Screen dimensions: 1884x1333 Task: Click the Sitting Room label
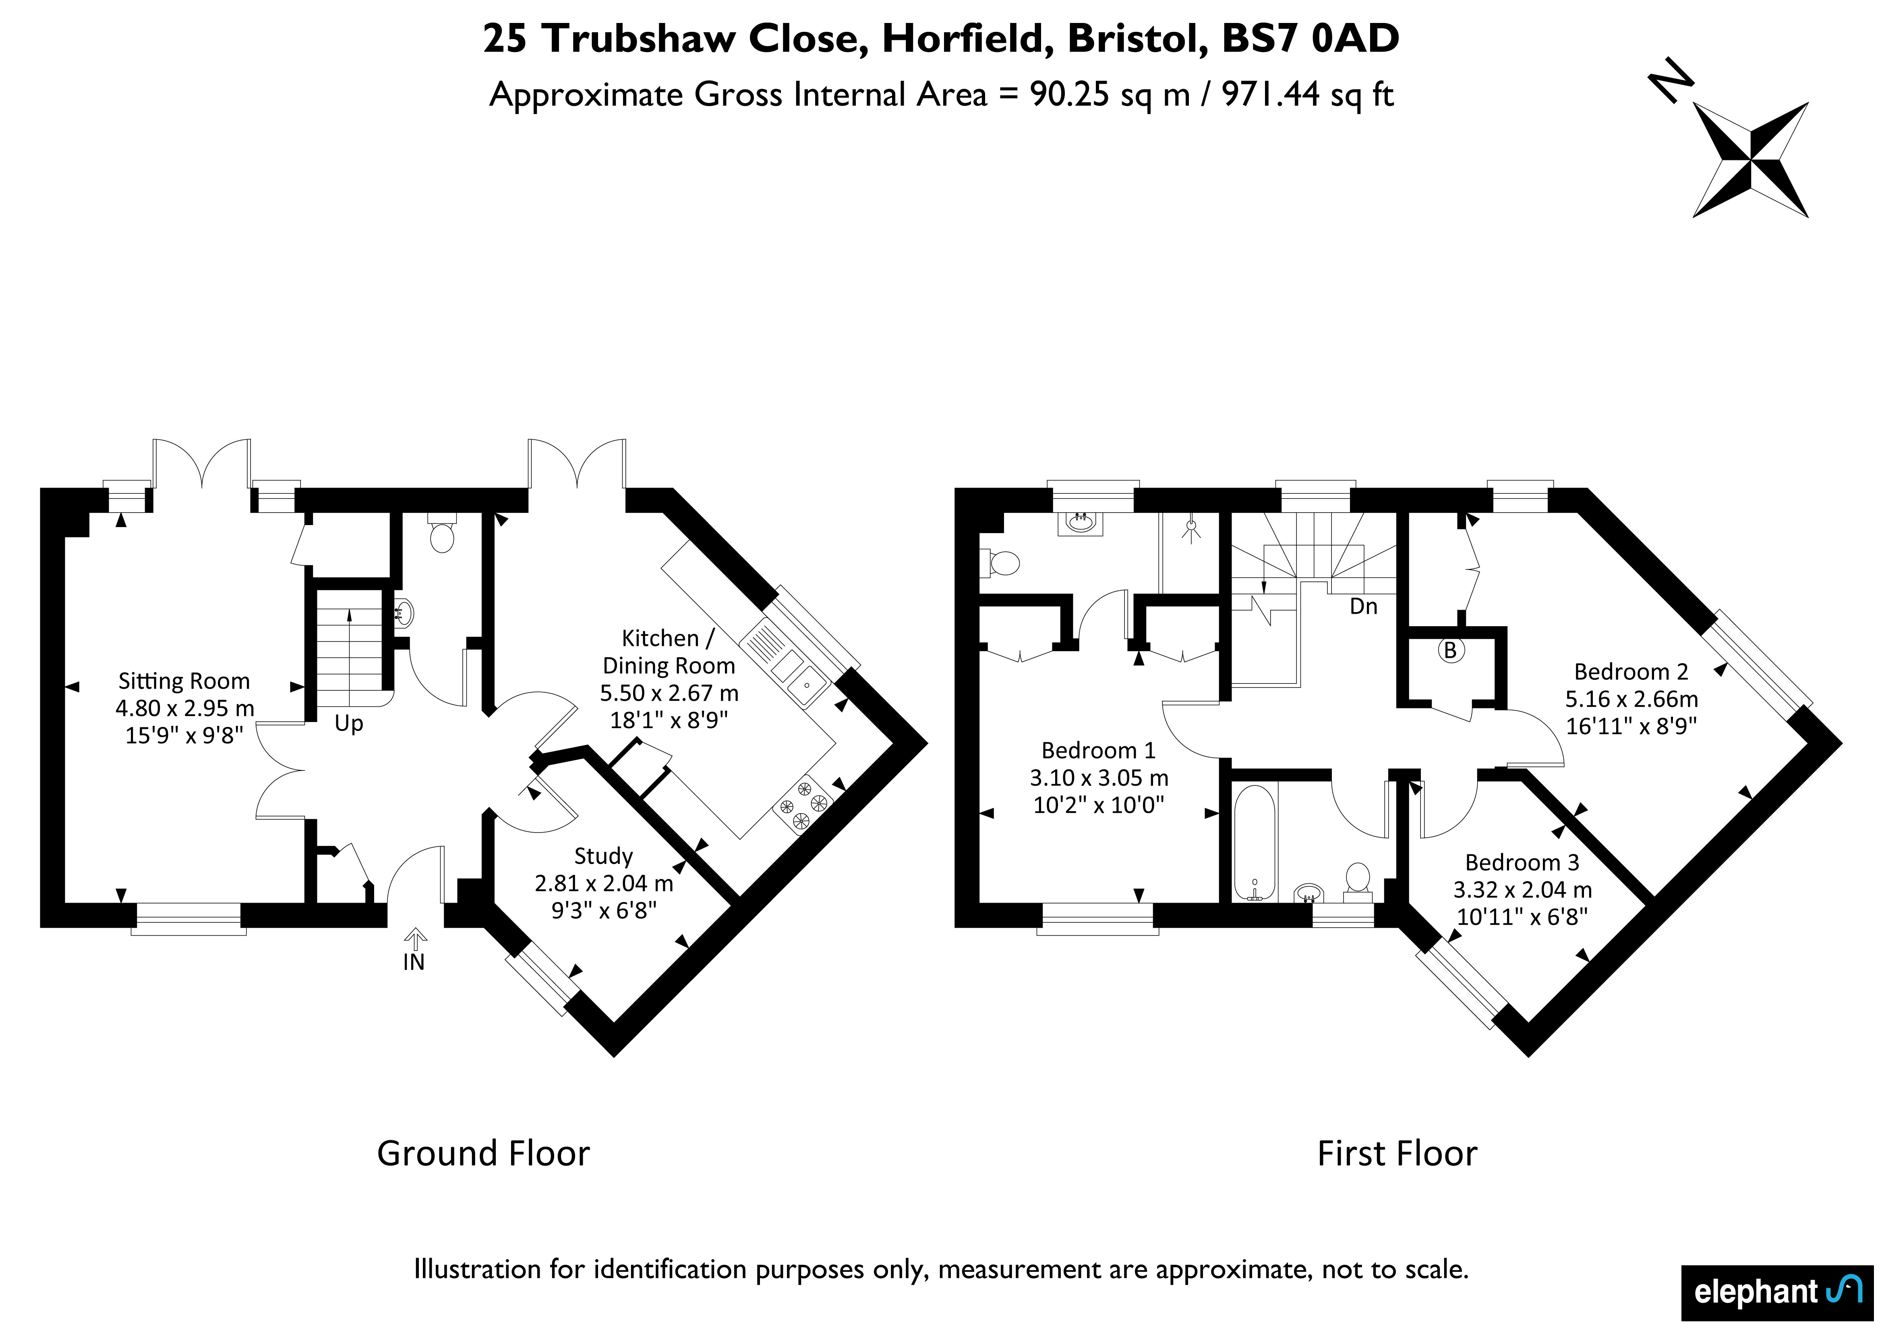[184, 681]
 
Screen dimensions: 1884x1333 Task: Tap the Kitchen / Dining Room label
[669, 652]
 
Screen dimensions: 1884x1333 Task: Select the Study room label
[603, 856]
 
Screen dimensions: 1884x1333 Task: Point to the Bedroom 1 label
[1098, 750]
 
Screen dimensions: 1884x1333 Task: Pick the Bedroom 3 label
[1522, 863]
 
